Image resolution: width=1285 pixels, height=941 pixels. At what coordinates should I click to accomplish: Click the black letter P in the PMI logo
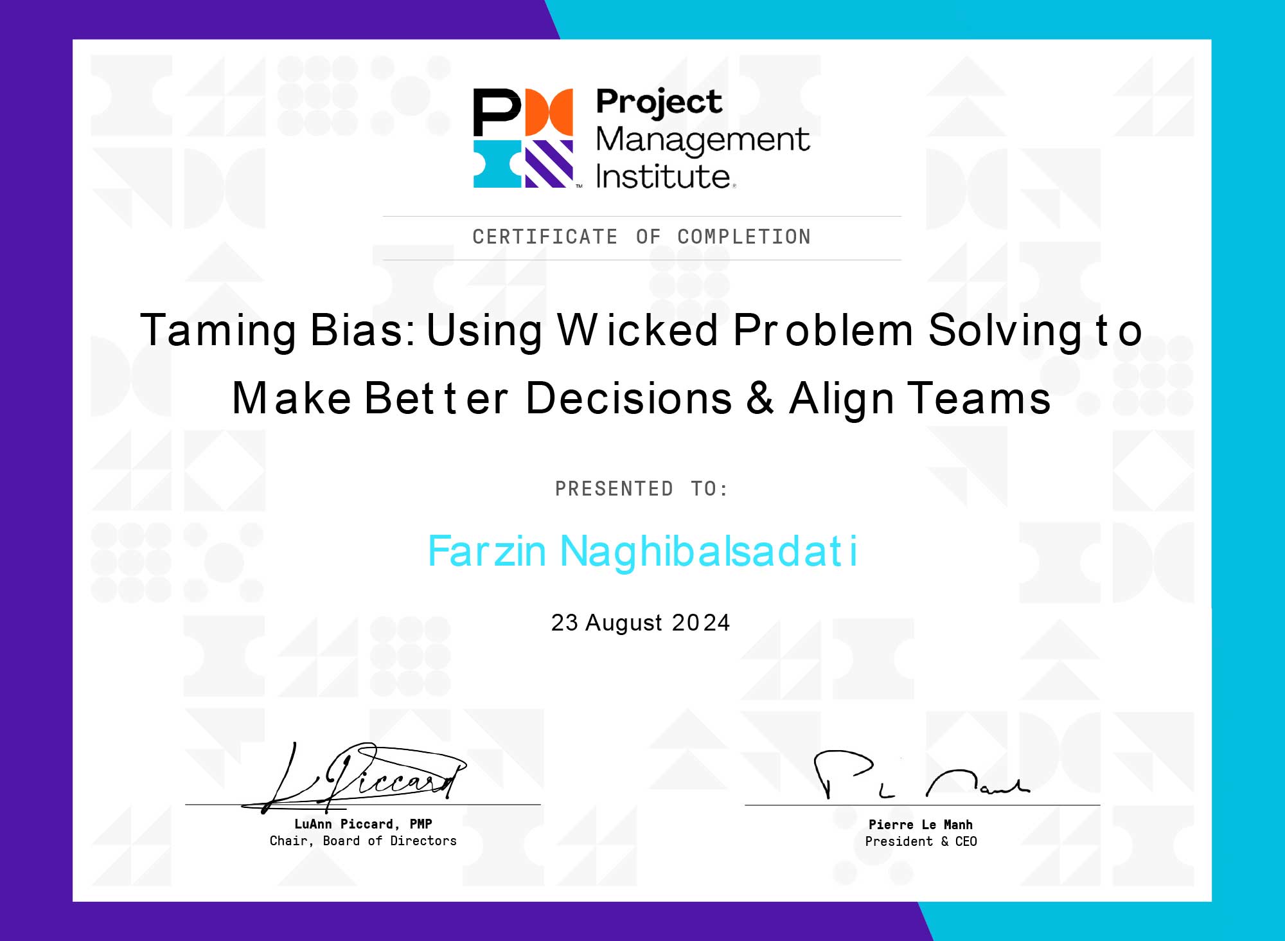point(496,112)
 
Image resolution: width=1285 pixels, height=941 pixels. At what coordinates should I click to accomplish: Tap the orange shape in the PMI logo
point(549,112)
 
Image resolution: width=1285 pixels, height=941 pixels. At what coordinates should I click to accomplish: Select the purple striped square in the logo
point(549,164)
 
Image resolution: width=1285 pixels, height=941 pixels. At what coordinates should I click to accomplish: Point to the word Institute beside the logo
point(663,176)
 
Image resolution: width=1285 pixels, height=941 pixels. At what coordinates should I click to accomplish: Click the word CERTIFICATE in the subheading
point(545,237)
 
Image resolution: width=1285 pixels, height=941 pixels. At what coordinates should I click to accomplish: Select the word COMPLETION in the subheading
point(744,237)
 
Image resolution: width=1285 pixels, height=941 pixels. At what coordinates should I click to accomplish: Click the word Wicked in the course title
point(638,330)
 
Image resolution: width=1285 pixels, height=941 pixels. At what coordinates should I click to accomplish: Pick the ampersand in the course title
point(760,398)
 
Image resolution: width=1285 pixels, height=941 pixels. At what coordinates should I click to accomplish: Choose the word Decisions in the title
point(629,398)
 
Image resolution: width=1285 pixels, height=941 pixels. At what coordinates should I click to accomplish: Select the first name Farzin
point(487,551)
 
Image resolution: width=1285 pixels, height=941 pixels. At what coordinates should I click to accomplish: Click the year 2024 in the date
point(701,623)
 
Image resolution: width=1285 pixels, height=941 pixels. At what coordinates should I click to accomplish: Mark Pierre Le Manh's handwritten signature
point(921,775)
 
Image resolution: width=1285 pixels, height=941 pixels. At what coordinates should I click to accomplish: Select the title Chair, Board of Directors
point(363,841)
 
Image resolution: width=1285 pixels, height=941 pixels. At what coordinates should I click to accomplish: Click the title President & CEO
point(921,841)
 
